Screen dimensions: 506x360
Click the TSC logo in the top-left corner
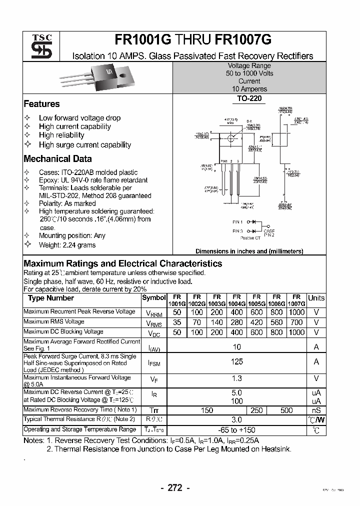coord(38,46)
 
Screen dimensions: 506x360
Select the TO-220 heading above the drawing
coord(249,99)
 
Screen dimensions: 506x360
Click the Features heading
coord(41,104)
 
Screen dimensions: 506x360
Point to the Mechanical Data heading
coord(57,159)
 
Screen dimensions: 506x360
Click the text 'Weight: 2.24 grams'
coord(67,245)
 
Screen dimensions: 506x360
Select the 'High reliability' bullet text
coord(61,135)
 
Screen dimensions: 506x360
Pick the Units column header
coord(316,298)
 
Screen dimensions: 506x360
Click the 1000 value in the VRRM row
coord(296,312)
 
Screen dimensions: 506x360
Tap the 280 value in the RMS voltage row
coord(237,322)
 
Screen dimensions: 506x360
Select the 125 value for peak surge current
coord(237,361)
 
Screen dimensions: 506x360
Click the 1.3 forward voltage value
coord(237,379)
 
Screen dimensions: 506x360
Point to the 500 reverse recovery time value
coord(286,410)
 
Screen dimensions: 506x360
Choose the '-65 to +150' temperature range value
coord(237,430)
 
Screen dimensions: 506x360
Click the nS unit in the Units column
coord(316,410)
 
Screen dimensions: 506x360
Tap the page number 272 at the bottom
coord(175,488)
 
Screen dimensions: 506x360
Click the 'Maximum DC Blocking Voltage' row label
coord(63,332)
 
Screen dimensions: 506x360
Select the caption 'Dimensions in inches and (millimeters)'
coord(249,251)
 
